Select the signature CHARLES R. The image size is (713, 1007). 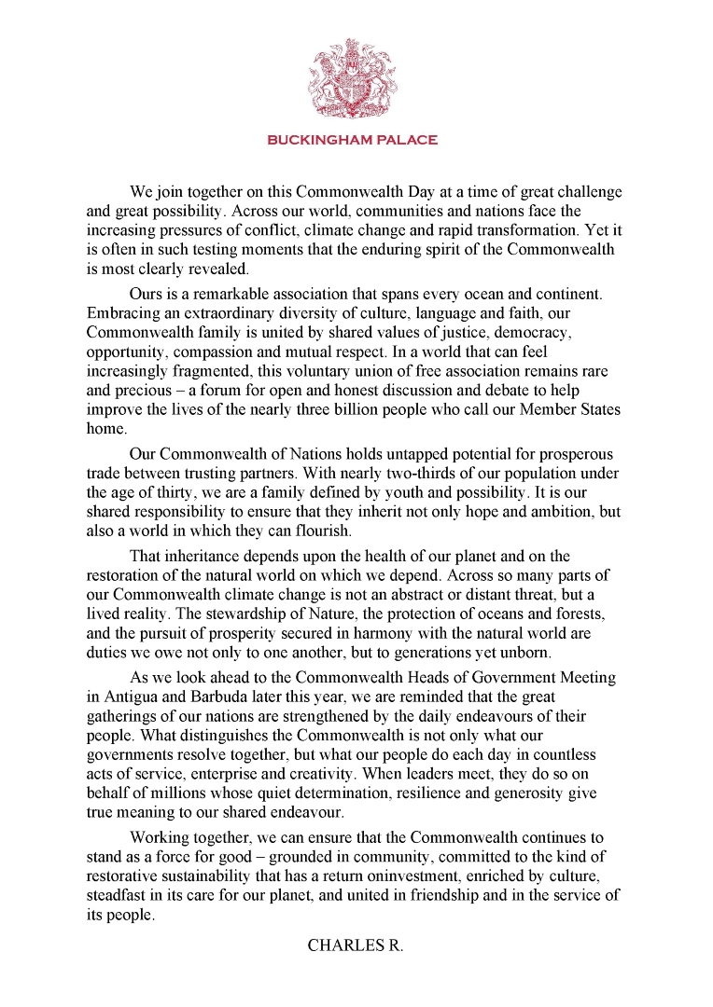[x=356, y=945]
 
